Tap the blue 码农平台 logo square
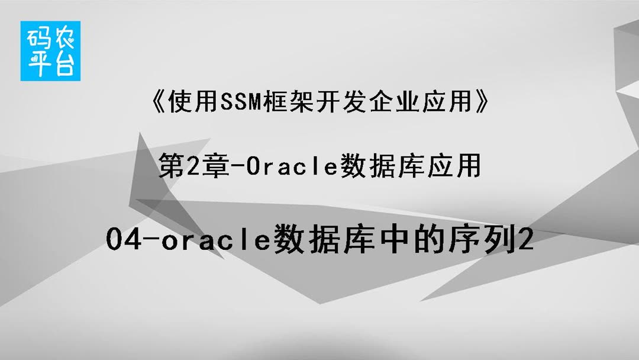pyautogui.click(x=50, y=51)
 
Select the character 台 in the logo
pyautogui.click(x=63, y=64)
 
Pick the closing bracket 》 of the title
pyautogui.click(x=483, y=104)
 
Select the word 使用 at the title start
pyautogui.click(x=191, y=104)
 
